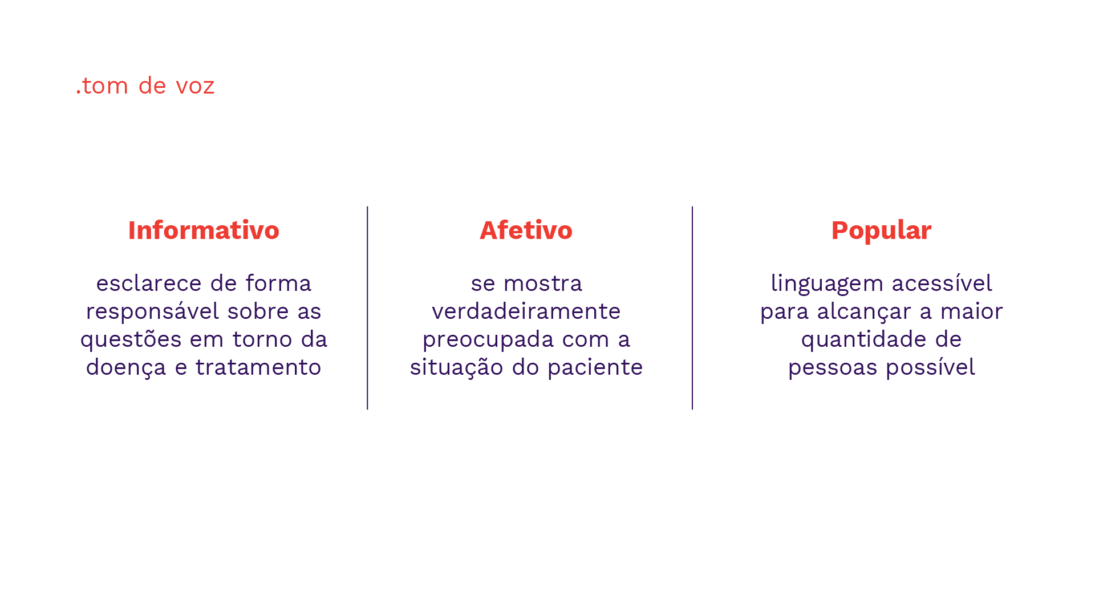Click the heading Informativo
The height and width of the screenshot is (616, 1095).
(204, 230)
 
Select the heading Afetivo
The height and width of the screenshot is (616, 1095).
(526, 230)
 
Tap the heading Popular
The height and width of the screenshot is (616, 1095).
(881, 230)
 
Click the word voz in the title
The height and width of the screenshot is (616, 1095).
(195, 86)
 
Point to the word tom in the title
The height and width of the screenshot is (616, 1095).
(105, 86)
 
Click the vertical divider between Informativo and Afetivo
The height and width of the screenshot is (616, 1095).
(368, 308)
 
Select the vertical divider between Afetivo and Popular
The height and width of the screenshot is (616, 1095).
(692, 308)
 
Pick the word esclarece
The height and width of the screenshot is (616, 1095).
(149, 283)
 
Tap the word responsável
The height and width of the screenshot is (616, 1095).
(152, 311)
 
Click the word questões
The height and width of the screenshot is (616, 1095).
(131, 340)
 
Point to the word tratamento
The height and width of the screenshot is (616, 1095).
(258, 367)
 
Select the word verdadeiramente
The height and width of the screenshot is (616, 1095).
(526, 311)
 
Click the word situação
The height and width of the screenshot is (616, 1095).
(456, 367)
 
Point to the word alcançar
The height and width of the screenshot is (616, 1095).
(864, 312)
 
